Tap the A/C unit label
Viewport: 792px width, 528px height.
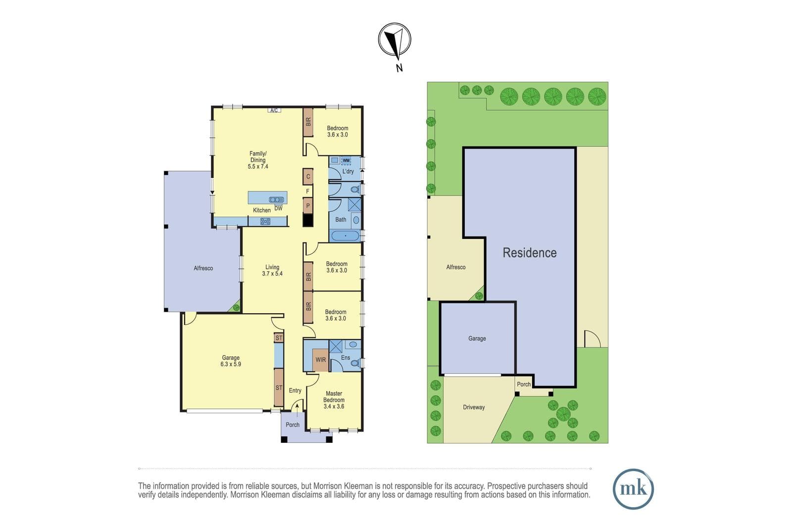274,110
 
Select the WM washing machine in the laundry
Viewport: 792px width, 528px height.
346,160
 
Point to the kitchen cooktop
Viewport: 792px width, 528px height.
265,222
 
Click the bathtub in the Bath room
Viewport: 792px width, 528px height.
345,236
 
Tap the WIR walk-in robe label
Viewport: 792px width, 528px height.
321,360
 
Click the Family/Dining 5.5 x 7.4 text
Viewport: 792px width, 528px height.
258,160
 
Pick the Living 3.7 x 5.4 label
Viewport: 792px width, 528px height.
272,270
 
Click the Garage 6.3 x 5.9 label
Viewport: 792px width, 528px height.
231,361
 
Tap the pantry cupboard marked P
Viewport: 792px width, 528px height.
308,205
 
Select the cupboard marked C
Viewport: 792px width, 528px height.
308,176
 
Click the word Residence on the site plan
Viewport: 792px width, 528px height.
530,253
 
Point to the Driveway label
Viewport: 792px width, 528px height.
474,407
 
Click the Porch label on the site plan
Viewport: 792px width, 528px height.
524,384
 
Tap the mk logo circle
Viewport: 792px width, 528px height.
633,489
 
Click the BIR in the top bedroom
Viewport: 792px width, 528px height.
308,122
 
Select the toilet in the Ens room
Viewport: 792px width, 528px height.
355,363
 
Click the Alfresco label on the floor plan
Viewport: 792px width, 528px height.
203,268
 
